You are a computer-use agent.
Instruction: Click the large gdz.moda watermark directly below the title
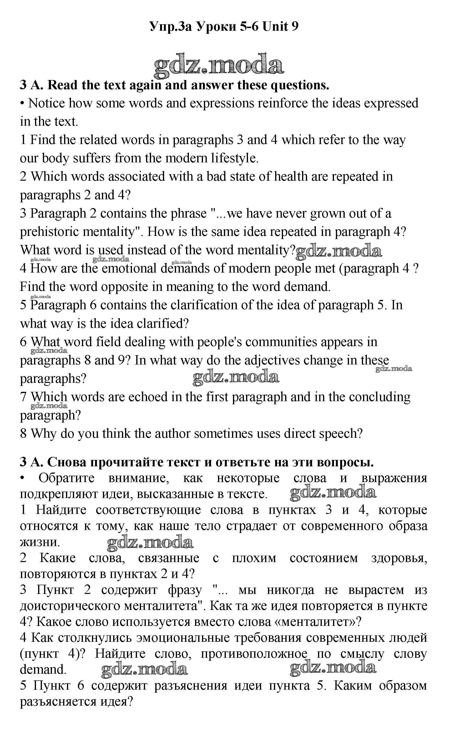(x=219, y=65)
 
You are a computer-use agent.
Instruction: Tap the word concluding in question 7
(x=379, y=397)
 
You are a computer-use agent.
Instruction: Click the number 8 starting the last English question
(x=23, y=434)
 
